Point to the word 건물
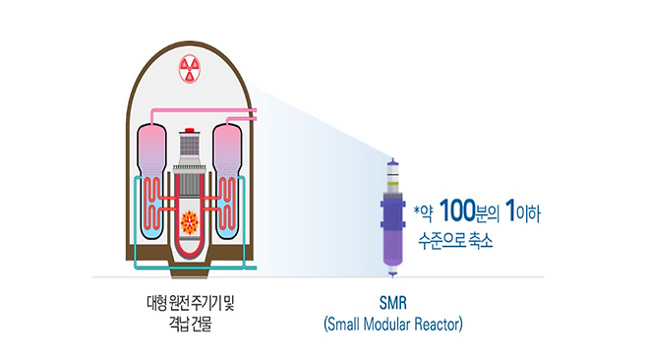(x=201, y=322)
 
